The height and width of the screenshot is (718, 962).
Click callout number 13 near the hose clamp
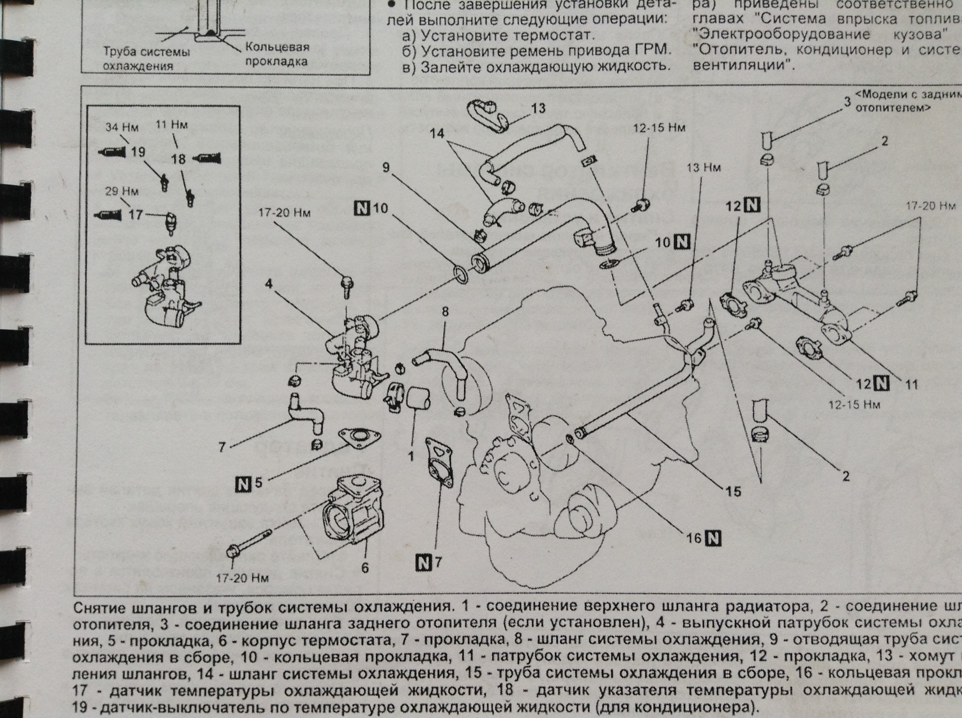point(538,108)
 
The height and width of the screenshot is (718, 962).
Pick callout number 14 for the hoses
point(437,133)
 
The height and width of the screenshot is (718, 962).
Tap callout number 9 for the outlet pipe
point(386,168)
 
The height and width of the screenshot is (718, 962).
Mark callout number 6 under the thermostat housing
point(365,568)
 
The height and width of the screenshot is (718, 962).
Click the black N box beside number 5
point(243,482)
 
